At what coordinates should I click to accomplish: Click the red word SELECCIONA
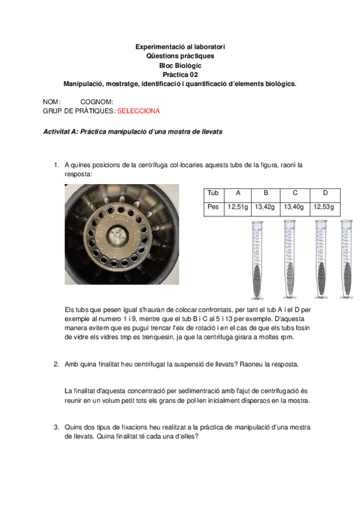point(138,111)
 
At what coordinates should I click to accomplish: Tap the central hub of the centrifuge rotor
point(117,235)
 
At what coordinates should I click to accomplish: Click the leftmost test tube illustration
point(257,260)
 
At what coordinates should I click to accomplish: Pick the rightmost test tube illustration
point(347,259)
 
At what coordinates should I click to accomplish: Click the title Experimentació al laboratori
point(180,47)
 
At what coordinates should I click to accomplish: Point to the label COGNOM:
point(97,102)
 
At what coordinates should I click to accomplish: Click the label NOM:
point(52,102)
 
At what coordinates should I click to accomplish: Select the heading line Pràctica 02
point(180,75)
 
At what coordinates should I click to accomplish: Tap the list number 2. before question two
point(56,364)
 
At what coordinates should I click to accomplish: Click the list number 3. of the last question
point(56,427)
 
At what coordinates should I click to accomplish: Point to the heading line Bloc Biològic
point(180,66)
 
